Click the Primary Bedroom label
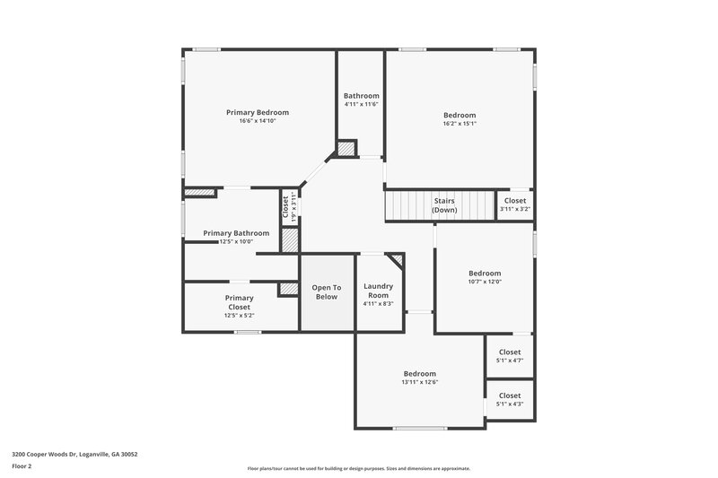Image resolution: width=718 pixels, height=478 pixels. (x=258, y=112)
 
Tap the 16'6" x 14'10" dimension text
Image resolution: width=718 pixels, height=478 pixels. (x=258, y=121)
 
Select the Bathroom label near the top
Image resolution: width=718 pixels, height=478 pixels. (x=362, y=96)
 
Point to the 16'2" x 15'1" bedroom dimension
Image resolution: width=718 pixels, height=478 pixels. (x=460, y=124)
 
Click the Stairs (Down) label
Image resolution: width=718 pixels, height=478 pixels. (x=444, y=205)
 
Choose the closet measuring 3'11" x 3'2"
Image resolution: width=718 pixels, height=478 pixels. (x=515, y=205)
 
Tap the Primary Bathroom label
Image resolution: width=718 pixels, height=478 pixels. (x=236, y=233)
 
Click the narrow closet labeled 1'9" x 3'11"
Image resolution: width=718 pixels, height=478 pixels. (x=289, y=209)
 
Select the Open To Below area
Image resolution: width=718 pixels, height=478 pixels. (x=325, y=291)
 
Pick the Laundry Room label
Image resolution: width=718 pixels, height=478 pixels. (x=378, y=291)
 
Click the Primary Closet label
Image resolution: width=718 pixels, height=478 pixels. (x=239, y=302)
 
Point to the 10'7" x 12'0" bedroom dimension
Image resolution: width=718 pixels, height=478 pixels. (x=485, y=282)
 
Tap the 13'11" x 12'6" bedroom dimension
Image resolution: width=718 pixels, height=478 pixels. (x=419, y=382)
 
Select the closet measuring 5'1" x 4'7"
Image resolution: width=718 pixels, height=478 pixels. (x=510, y=356)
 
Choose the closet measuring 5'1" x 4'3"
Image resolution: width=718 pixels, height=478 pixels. (x=510, y=400)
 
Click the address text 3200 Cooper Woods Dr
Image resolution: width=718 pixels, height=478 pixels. (x=74, y=454)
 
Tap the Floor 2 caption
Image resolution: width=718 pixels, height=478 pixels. (x=22, y=466)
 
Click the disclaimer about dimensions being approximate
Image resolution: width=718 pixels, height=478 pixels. (x=358, y=468)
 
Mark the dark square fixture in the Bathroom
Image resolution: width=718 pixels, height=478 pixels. (x=346, y=148)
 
